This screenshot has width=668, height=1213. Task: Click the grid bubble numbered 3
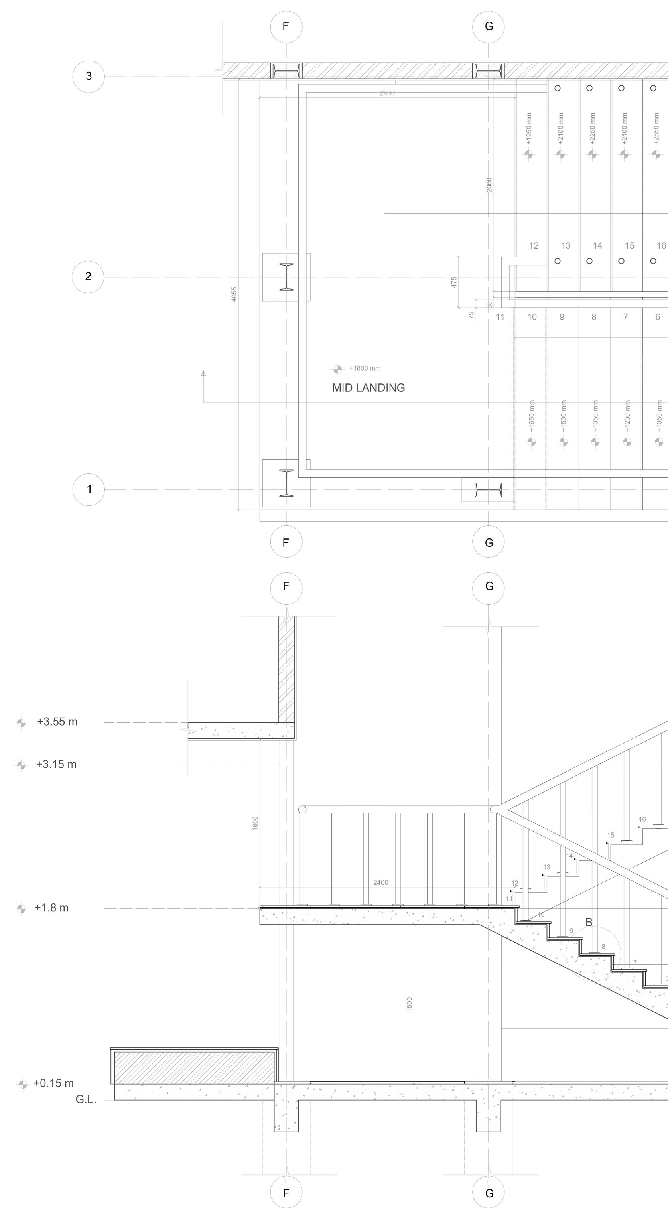click(89, 76)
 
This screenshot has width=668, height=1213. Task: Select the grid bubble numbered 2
click(88, 276)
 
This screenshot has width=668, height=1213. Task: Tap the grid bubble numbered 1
click(89, 489)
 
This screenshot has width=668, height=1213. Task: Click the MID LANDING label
click(368, 388)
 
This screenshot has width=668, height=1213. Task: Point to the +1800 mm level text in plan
click(365, 368)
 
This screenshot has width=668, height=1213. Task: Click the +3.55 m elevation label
click(57, 722)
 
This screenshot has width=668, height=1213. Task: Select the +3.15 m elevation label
click(56, 764)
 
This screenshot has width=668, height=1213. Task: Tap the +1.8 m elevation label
click(51, 908)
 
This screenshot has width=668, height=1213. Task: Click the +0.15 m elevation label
click(53, 1083)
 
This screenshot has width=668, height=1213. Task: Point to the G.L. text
click(86, 1099)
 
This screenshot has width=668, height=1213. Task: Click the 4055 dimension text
click(234, 294)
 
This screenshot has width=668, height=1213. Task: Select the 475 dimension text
click(454, 282)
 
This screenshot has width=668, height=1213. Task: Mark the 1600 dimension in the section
click(255, 824)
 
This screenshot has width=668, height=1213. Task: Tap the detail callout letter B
click(589, 922)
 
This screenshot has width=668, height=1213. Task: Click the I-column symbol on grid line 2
click(286, 277)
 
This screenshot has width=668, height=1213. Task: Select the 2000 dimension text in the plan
click(489, 185)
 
